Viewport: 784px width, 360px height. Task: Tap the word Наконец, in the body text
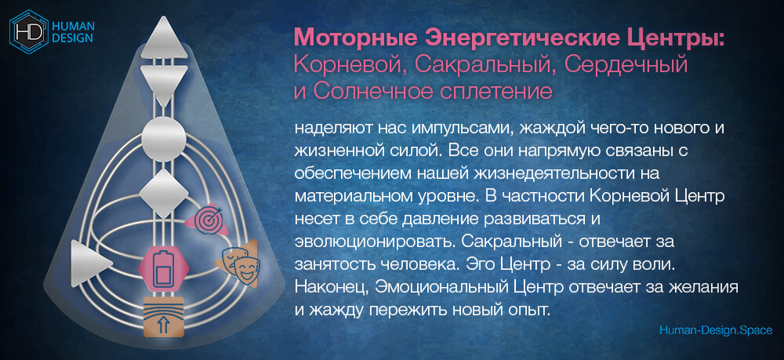click(x=325, y=285)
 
